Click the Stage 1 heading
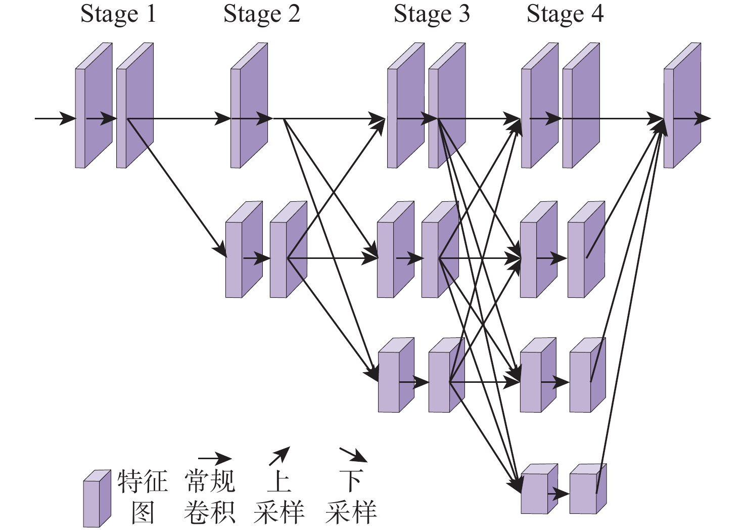tap(118, 14)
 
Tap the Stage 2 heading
tap(262, 14)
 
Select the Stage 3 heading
tap(432, 14)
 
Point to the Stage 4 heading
tap(565, 14)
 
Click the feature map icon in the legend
tap(97, 498)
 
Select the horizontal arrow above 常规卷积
tap(214, 459)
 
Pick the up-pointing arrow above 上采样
tap(279, 456)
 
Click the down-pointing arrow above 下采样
tap(353, 454)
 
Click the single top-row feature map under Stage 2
tap(249, 106)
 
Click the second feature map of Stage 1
tap(134, 106)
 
